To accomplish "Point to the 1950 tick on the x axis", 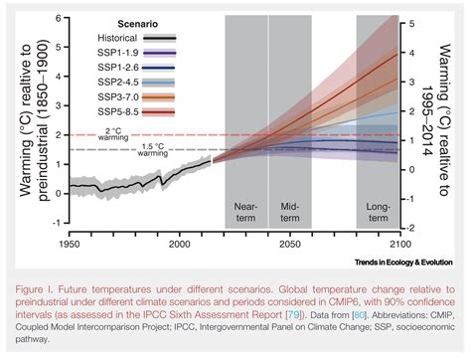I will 70,242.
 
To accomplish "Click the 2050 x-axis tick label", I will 290,242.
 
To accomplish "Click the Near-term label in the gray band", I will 245,212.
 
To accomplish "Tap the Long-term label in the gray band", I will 378,212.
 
